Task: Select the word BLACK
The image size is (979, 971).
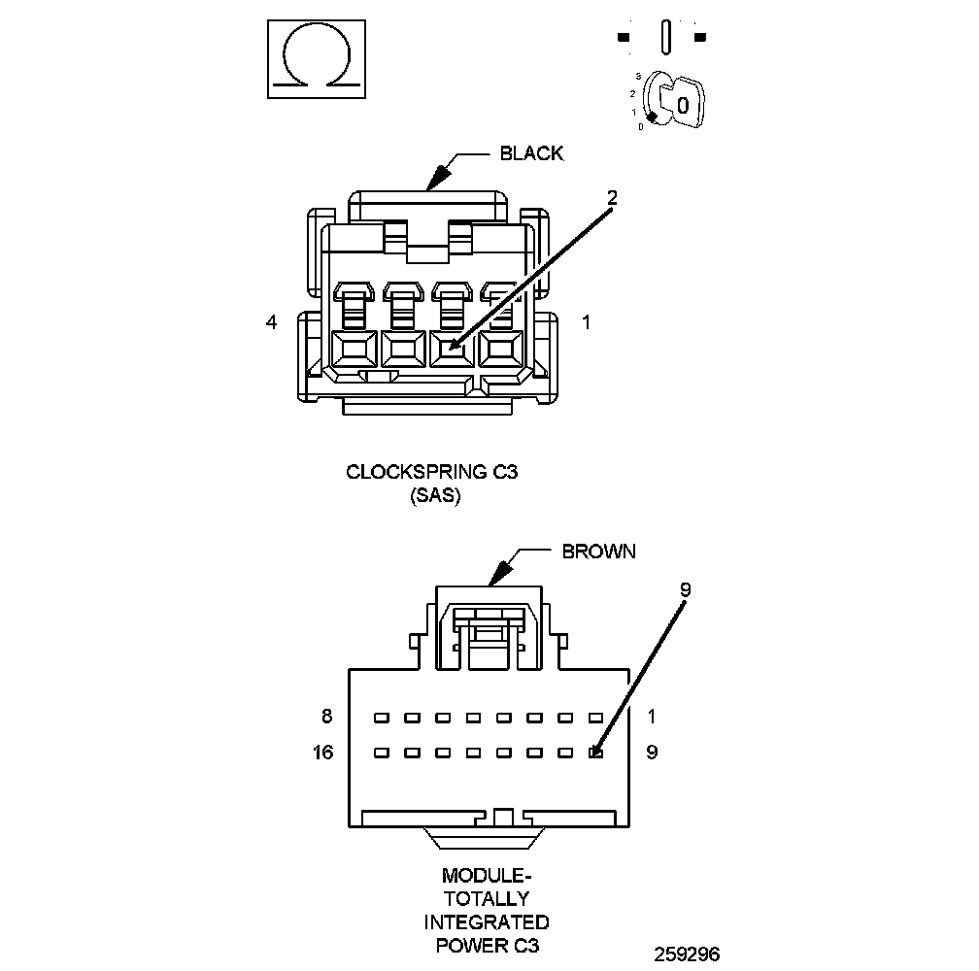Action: point(531,153)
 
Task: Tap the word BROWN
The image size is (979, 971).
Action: point(599,552)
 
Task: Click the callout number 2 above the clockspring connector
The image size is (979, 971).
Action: point(612,197)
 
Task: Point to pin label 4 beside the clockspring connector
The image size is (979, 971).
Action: point(271,322)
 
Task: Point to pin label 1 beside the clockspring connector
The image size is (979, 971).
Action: point(586,322)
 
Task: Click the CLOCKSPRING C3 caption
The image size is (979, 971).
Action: point(428,473)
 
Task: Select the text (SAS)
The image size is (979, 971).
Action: point(428,495)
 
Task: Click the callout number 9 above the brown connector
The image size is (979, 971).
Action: point(685,589)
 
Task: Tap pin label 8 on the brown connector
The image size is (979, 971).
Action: point(326,718)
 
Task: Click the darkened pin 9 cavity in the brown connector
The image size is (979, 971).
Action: point(596,752)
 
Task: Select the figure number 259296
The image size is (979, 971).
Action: point(687,954)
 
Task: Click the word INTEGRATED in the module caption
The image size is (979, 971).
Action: point(486,921)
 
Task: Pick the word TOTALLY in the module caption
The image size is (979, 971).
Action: point(486,899)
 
